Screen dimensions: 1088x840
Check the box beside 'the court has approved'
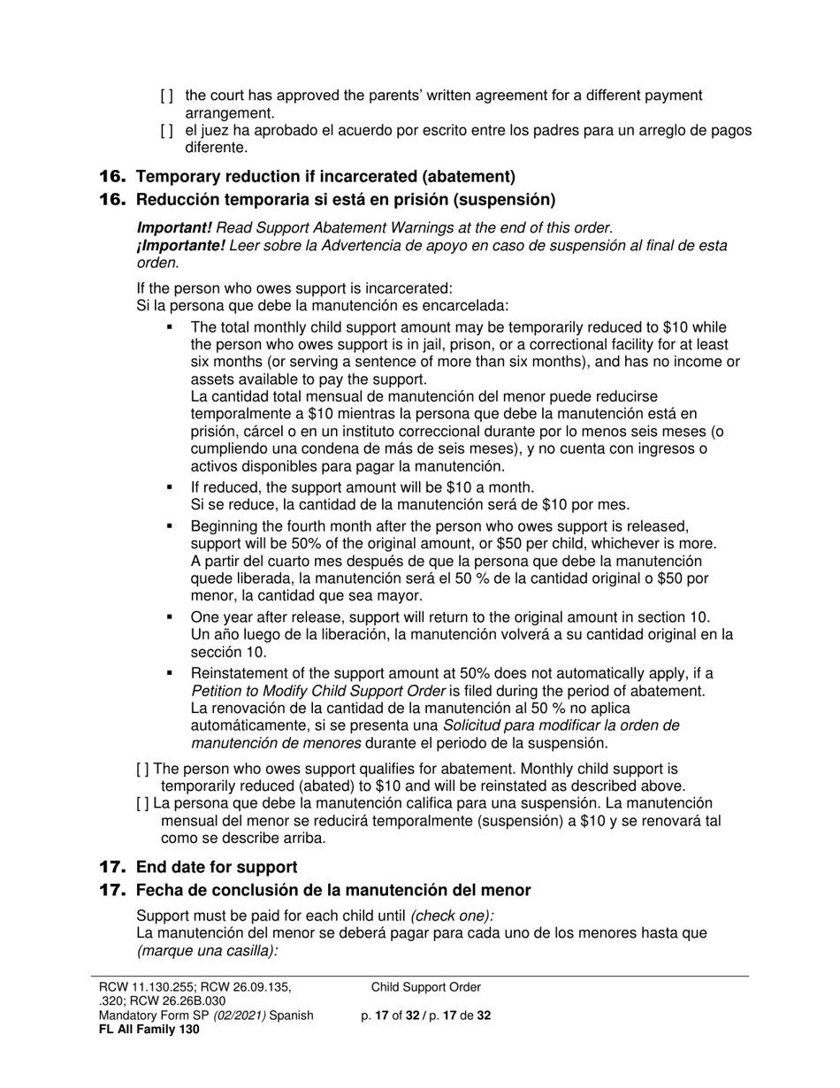(167, 96)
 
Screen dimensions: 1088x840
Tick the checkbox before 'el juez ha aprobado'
(167, 131)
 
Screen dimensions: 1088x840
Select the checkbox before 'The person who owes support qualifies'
(143, 770)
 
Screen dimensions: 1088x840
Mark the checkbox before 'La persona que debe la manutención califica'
(143, 803)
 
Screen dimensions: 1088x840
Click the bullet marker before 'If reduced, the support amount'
(170, 487)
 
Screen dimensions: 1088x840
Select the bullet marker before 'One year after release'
(170, 617)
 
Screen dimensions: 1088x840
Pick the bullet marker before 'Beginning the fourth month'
(170, 525)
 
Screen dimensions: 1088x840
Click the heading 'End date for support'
(217, 867)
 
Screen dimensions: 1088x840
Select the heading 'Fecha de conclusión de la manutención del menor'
(333, 890)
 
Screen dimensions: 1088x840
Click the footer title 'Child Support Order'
(426, 987)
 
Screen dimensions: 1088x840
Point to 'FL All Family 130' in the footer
(149, 1030)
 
